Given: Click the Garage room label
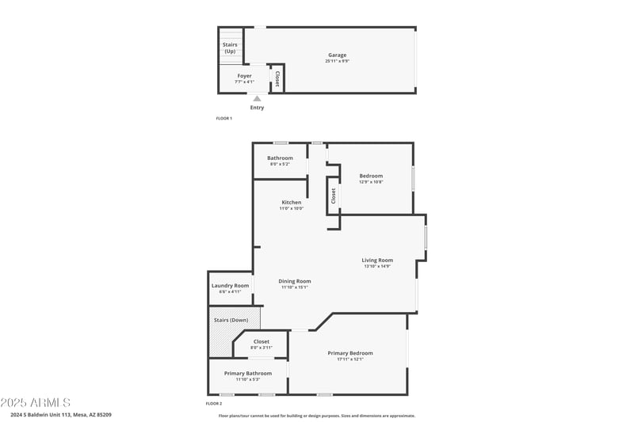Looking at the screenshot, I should coord(338,55).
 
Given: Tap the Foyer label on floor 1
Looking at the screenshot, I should coord(244,76).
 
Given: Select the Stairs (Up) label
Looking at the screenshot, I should coord(230,48).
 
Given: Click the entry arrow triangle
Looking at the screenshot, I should coord(257,99).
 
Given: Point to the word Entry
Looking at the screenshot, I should coord(257,108).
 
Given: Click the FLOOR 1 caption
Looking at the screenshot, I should coord(223,118).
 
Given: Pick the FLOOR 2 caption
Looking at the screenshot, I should coord(213,404).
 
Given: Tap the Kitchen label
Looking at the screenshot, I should coord(292,202).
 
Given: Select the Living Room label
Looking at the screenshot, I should coord(377,260).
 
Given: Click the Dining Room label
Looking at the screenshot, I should coord(294,281).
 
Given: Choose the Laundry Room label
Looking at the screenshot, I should coord(230,285).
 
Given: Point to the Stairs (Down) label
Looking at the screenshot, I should coord(231,320).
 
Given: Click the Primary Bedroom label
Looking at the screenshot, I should coord(350,353).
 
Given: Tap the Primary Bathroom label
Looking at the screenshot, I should coord(248,373).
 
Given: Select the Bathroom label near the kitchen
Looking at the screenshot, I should coord(280,158).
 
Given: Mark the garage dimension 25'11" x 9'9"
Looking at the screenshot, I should coord(338,61).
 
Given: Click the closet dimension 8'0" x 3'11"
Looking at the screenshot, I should coord(262,348).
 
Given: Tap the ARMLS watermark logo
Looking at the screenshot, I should coord(36,403).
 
